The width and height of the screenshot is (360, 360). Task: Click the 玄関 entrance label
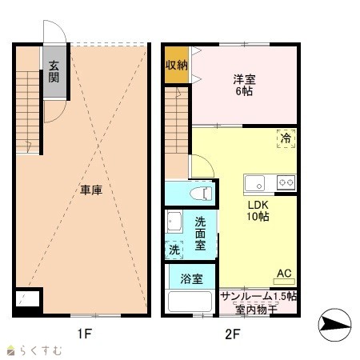coord(54,71)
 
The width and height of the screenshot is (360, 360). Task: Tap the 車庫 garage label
coord(91,190)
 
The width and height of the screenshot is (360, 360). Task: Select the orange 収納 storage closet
coord(176,65)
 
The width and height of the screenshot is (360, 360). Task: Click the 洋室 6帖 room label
coord(244,86)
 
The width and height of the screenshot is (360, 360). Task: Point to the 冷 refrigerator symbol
coord(286,138)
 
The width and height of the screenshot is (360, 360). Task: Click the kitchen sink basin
coord(255,183)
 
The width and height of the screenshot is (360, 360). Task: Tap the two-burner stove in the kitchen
coord(286,182)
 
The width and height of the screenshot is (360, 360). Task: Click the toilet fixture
coord(201,194)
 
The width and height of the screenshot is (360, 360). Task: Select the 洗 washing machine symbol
coord(174,250)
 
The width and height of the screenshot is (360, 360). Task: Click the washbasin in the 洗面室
coord(174,222)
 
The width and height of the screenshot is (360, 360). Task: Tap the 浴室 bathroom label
coord(191,279)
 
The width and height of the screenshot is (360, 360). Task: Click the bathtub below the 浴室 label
coord(190,302)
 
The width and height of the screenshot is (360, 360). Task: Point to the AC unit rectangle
coord(284,282)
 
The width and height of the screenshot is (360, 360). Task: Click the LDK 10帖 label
coord(258,210)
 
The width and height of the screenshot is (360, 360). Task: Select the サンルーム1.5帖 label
coord(258,297)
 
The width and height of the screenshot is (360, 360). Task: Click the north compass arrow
coord(335,325)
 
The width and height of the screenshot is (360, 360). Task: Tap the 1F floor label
coord(85,334)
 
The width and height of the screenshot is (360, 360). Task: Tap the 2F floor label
coord(233,334)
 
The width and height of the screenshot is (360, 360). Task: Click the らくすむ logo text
coord(41,350)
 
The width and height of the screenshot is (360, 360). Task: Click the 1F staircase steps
coord(28,112)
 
